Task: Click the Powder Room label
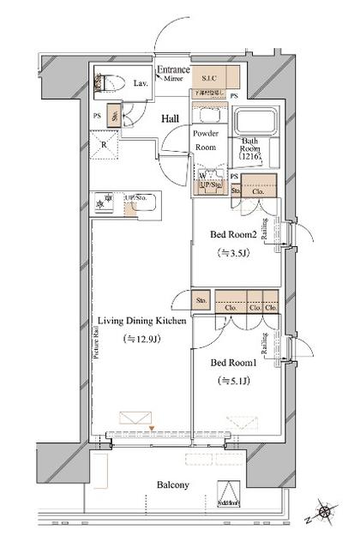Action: click(206, 139)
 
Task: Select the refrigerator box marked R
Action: click(104, 145)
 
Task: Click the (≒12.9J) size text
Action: click(141, 339)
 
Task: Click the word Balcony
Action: click(172, 485)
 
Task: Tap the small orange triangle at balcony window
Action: click(151, 426)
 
